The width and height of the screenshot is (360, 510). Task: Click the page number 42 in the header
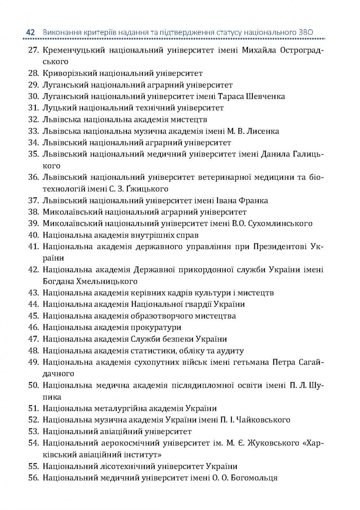pyautogui.click(x=30, y=33)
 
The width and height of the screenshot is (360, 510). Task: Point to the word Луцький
pyautogui.click(x=56, y=108)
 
